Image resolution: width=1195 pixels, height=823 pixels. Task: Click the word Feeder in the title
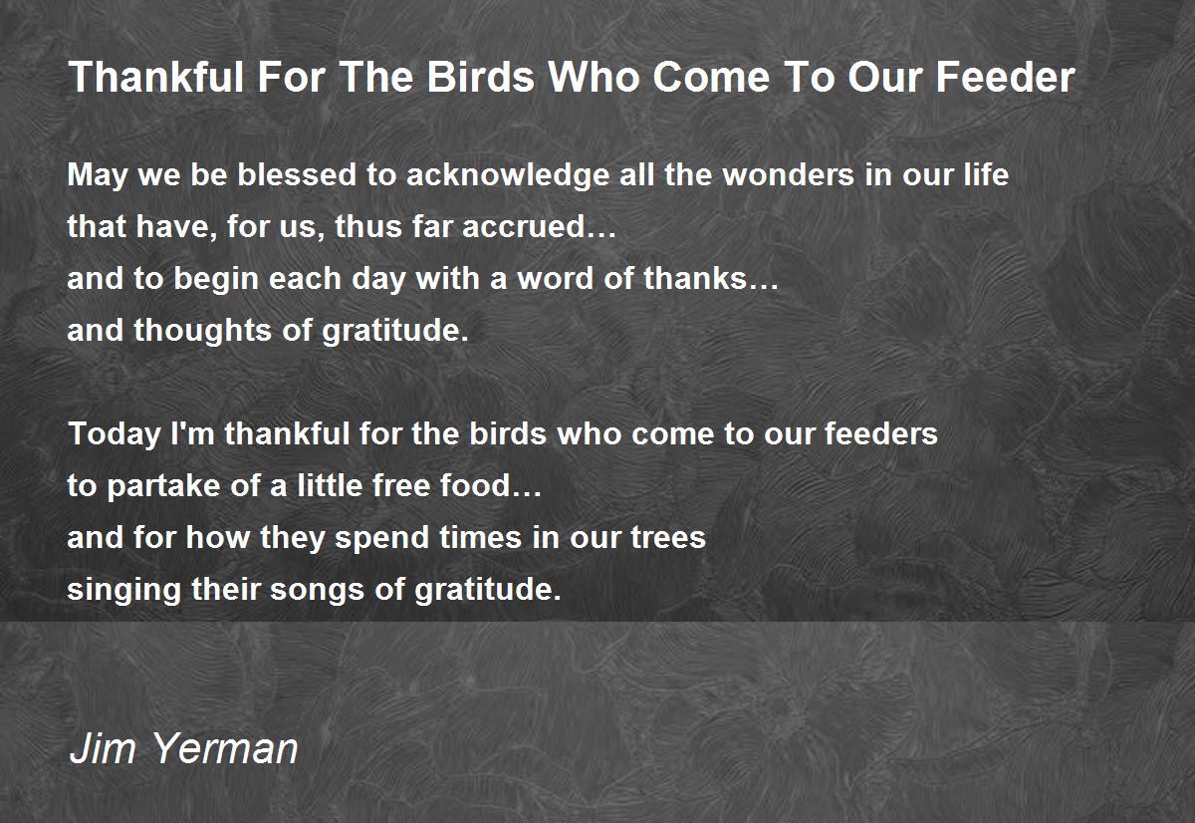click(1006, 77)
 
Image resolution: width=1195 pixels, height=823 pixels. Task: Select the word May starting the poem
click(98, 176)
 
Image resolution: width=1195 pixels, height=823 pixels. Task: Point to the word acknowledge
click(507, 176)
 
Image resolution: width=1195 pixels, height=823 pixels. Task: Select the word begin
click(216, 280)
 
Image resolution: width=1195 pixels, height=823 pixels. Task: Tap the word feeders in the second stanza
click(881, 433)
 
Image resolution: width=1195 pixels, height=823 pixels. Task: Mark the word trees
click(668, 537)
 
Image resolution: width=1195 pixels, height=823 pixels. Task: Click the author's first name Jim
click(103, 748)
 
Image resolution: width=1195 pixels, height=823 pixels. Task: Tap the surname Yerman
click(226, 748)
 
